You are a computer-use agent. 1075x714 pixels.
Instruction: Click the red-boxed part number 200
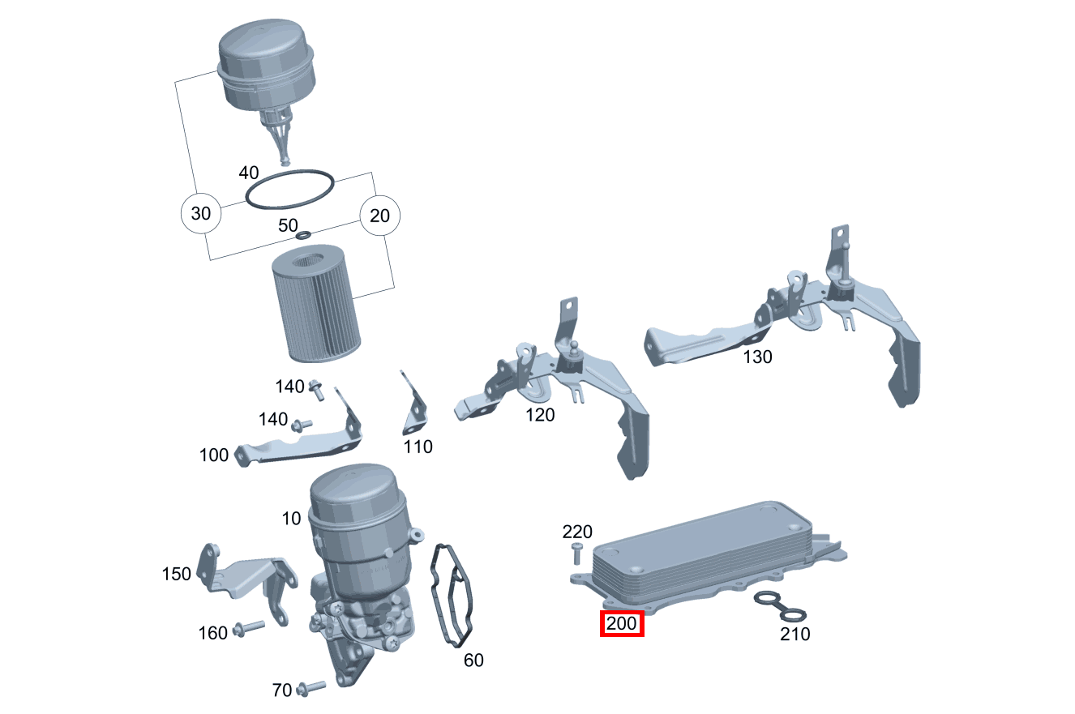pos(621,624)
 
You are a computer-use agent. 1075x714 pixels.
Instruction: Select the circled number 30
pos(200,214)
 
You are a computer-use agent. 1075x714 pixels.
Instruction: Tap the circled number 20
pos(380,215)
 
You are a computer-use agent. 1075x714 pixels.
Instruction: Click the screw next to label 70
pos(311,688)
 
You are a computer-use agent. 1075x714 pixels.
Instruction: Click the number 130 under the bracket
pos(757,357)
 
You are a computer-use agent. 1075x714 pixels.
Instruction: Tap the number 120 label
pos(540,415)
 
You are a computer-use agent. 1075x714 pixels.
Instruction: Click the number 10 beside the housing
pos(292,518)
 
